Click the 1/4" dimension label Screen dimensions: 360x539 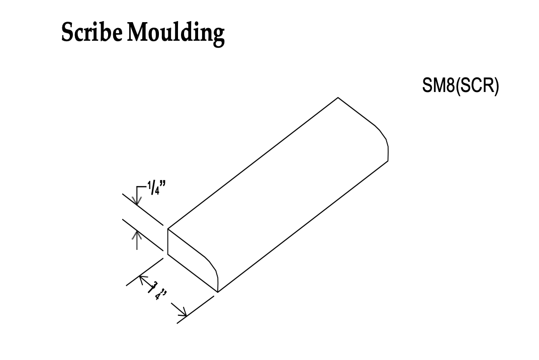(x=157, y=188)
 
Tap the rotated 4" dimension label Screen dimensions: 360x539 (x=161, y=296)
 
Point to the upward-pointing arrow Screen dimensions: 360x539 (x=137, y=240)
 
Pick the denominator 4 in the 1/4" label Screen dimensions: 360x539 (x=157, y=192)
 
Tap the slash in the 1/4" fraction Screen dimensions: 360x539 (x=153, y=188)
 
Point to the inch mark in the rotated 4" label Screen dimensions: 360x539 (x=164, y=292)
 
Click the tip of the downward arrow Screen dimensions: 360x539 (x=137, y=205)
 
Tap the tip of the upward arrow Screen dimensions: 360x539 (x=137, y=231)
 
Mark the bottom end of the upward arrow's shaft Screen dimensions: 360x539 (x=137, y=249)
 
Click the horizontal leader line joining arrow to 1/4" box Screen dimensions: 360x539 (x=142, y=187)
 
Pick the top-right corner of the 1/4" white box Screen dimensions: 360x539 (x=168, y=177)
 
